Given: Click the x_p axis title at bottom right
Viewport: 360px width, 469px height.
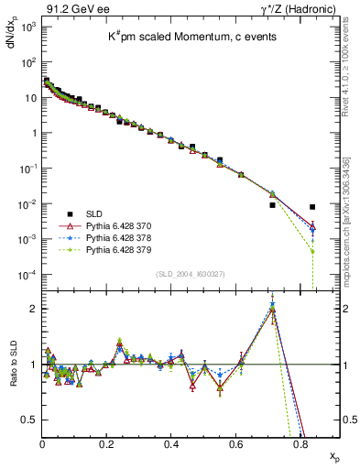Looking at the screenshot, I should tap(333, 454).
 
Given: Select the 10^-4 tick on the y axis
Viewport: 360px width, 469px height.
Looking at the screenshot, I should tap(28, 274).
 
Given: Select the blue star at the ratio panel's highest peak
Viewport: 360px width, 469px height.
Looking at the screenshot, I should tap(273, 303).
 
